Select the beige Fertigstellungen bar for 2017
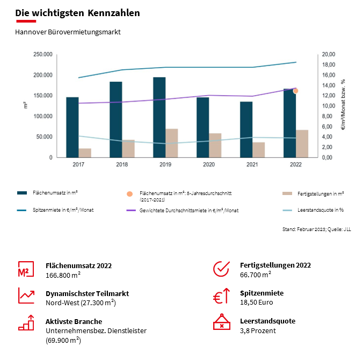[x=85, y=153]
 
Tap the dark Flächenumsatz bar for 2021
[x=246, y=129]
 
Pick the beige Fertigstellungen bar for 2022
[x=302, y=143]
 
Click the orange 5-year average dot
[x=295, y=91]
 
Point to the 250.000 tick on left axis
[x=42, y=55]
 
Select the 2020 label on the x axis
[x=208, y=164]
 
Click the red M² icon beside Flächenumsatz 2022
[x=26, y=269]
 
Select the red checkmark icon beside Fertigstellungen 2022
[x=221, y=269]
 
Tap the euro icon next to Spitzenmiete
[x=221, y=297]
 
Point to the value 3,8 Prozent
[x=258, y=330]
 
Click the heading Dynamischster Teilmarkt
[x=87, y=293]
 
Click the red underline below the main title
[x=26, y=21]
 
